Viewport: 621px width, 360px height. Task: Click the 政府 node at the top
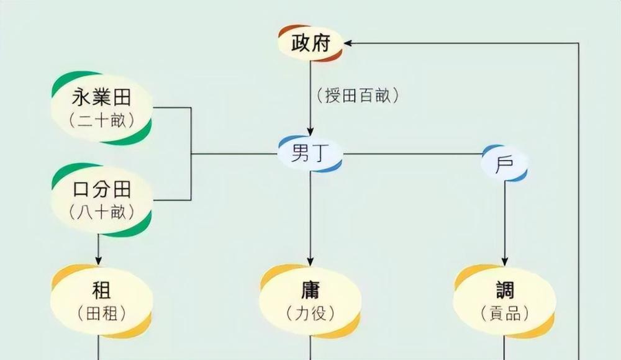[309, 43]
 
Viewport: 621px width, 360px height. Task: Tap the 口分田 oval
[102, 199]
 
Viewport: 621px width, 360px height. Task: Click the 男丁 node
[309, 153]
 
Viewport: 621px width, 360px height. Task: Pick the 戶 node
[504, 164]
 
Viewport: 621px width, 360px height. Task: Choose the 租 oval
[102, 300]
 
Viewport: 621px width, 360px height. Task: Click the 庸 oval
[309, 300]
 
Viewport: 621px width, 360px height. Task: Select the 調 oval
[504, 300]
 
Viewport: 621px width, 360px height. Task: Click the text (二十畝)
[102, 120]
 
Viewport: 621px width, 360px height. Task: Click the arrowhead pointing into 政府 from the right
[348, 43]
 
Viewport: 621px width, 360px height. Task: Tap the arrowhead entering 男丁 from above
[309, 133]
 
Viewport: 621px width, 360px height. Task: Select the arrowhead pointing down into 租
[99, 259]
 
